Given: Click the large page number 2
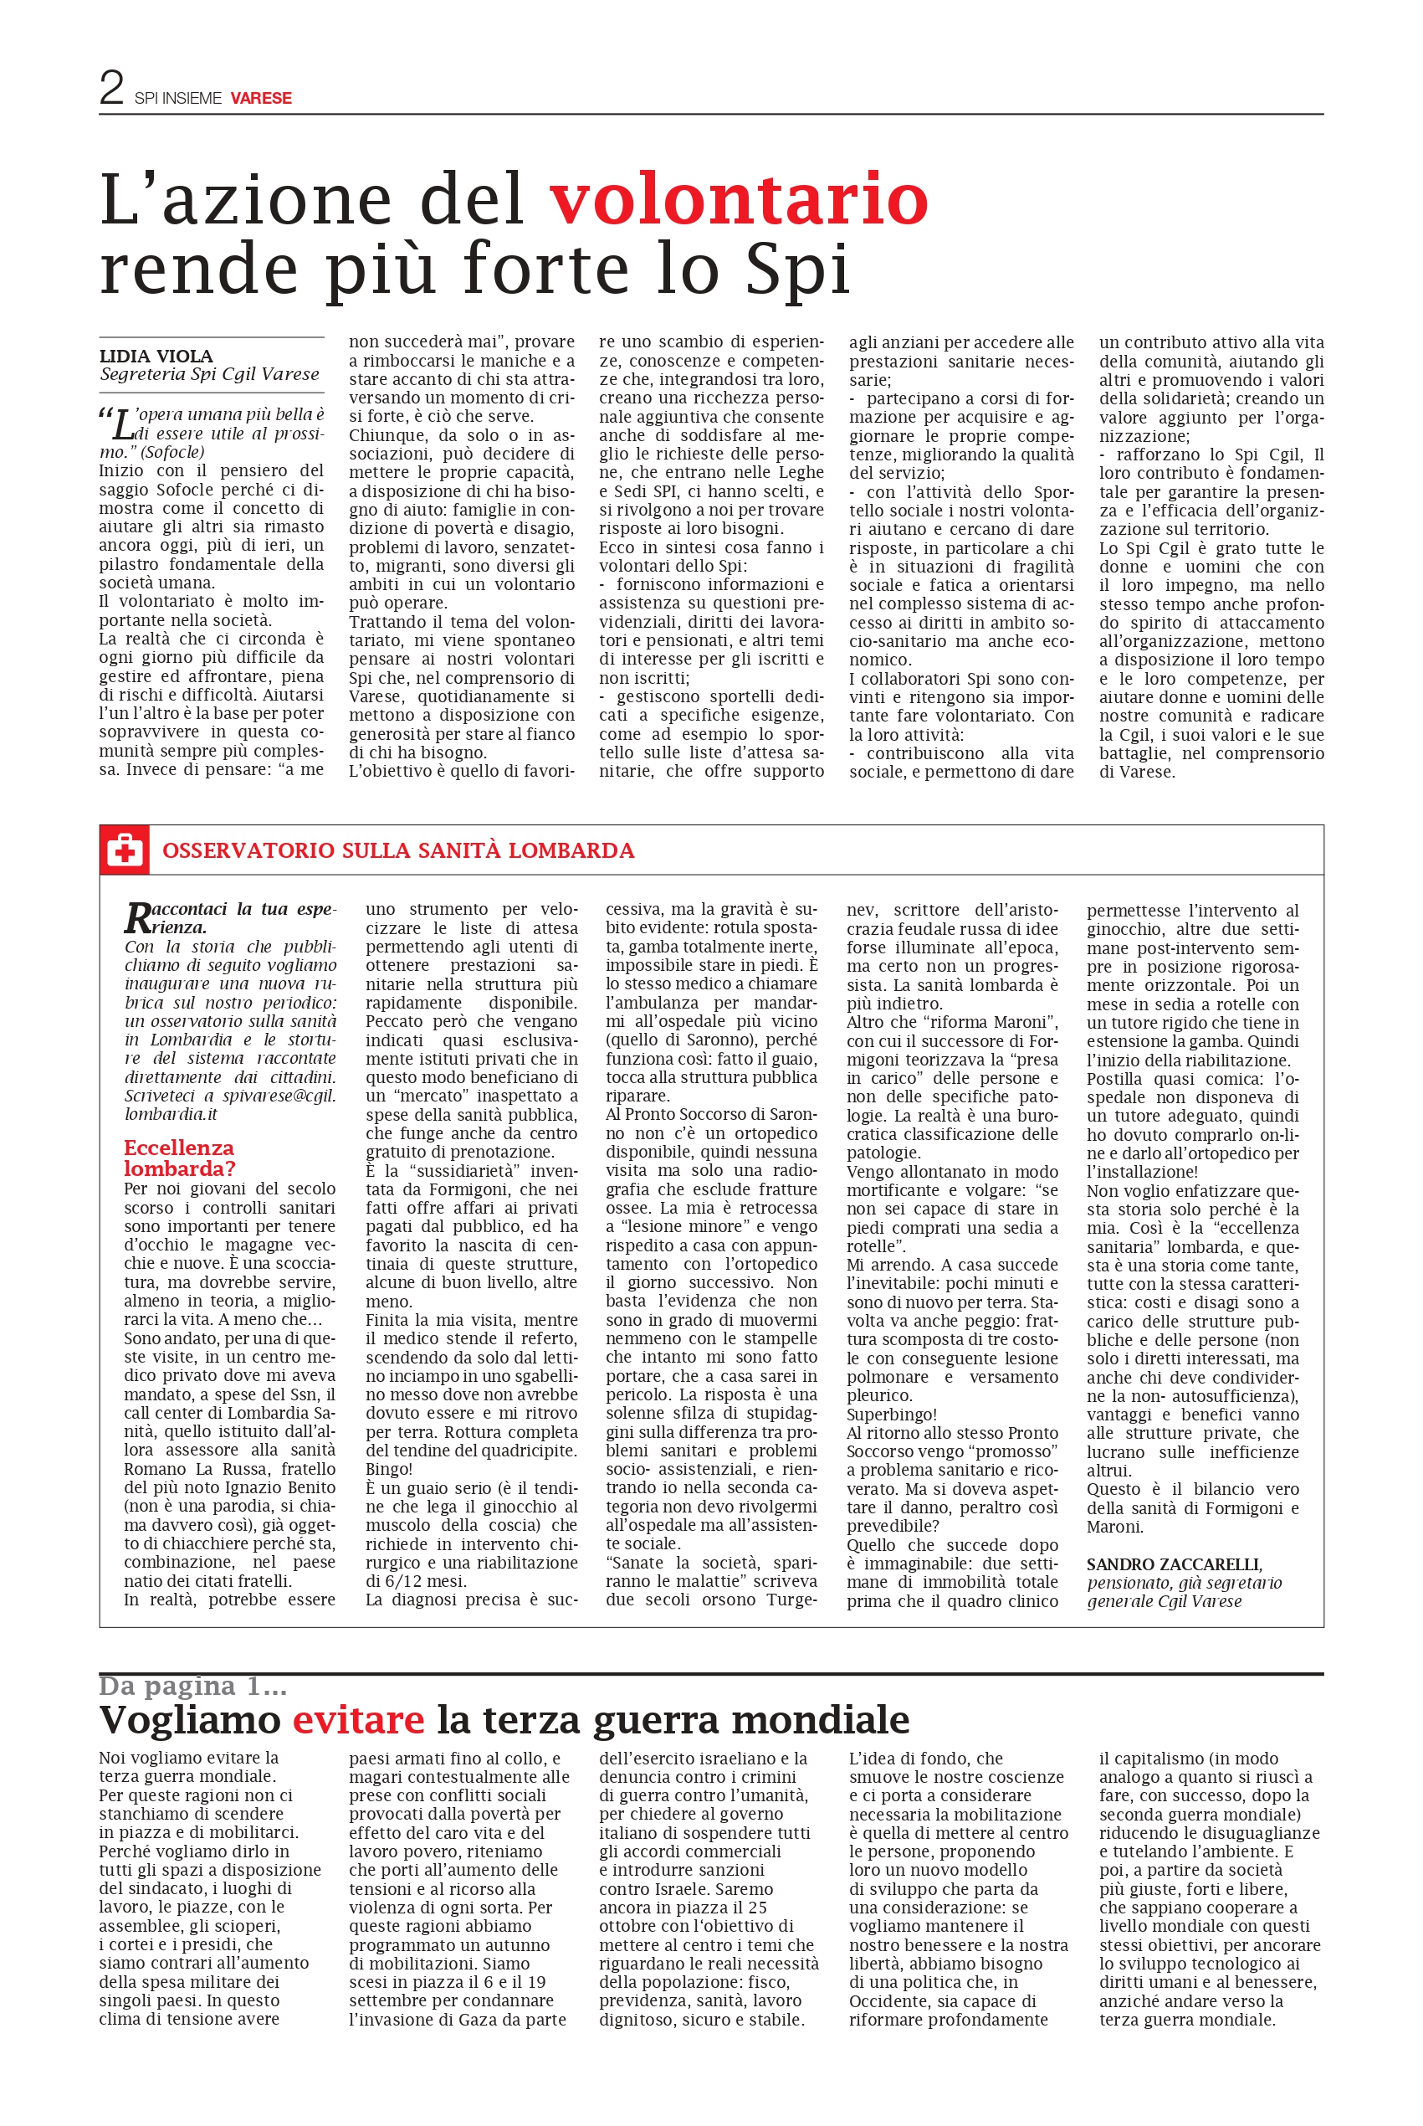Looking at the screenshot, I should pyautogui.click(x=111, y=88).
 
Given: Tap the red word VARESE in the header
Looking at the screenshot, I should pyautogui.click(x=260, y=98).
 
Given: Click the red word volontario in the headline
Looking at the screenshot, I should pyautogui.click(x=739, y=199).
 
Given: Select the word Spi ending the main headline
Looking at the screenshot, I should pyautogui.click(x=798, y=270).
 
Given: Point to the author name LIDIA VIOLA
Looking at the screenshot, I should pyautogui.click(x=156, y=356).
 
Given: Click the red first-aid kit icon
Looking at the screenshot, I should pyautogui.click(x=125, y=850).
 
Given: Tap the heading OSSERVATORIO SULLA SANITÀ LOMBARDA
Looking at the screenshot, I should pyautogui.click(x=397, y=850).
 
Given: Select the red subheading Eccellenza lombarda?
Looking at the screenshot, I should pyautogui.click(x=180, y=1158).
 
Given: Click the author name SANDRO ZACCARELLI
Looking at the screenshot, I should pyautogui.click(x=1174, y=1564).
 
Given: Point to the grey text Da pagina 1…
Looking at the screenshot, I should pyautogui.click(x=192, y=1686).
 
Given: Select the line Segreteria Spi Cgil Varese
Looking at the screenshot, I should pyautogui.click(x=210, y=374).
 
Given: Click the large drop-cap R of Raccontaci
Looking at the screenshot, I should pyautogui.click(x=137, y=917).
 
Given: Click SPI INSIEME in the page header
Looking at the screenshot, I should pyautogui.click(x=178, y=98).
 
